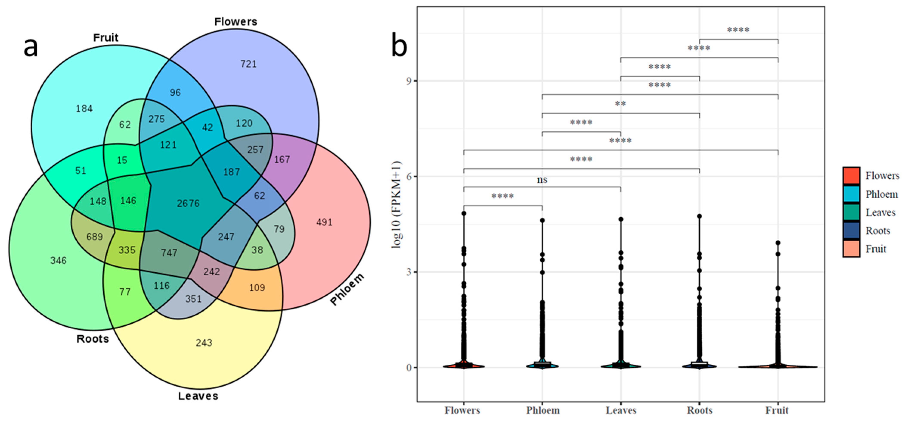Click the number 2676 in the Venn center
[188, 203]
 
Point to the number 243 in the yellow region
[204, 343]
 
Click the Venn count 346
[59, 261]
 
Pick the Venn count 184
[84, 109]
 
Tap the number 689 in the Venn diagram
[95, 237]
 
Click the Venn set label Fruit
[106, 38]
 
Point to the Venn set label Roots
[93, 339]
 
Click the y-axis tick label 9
[409, 81]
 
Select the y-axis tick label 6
[409, 177]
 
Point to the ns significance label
[542, 180]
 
